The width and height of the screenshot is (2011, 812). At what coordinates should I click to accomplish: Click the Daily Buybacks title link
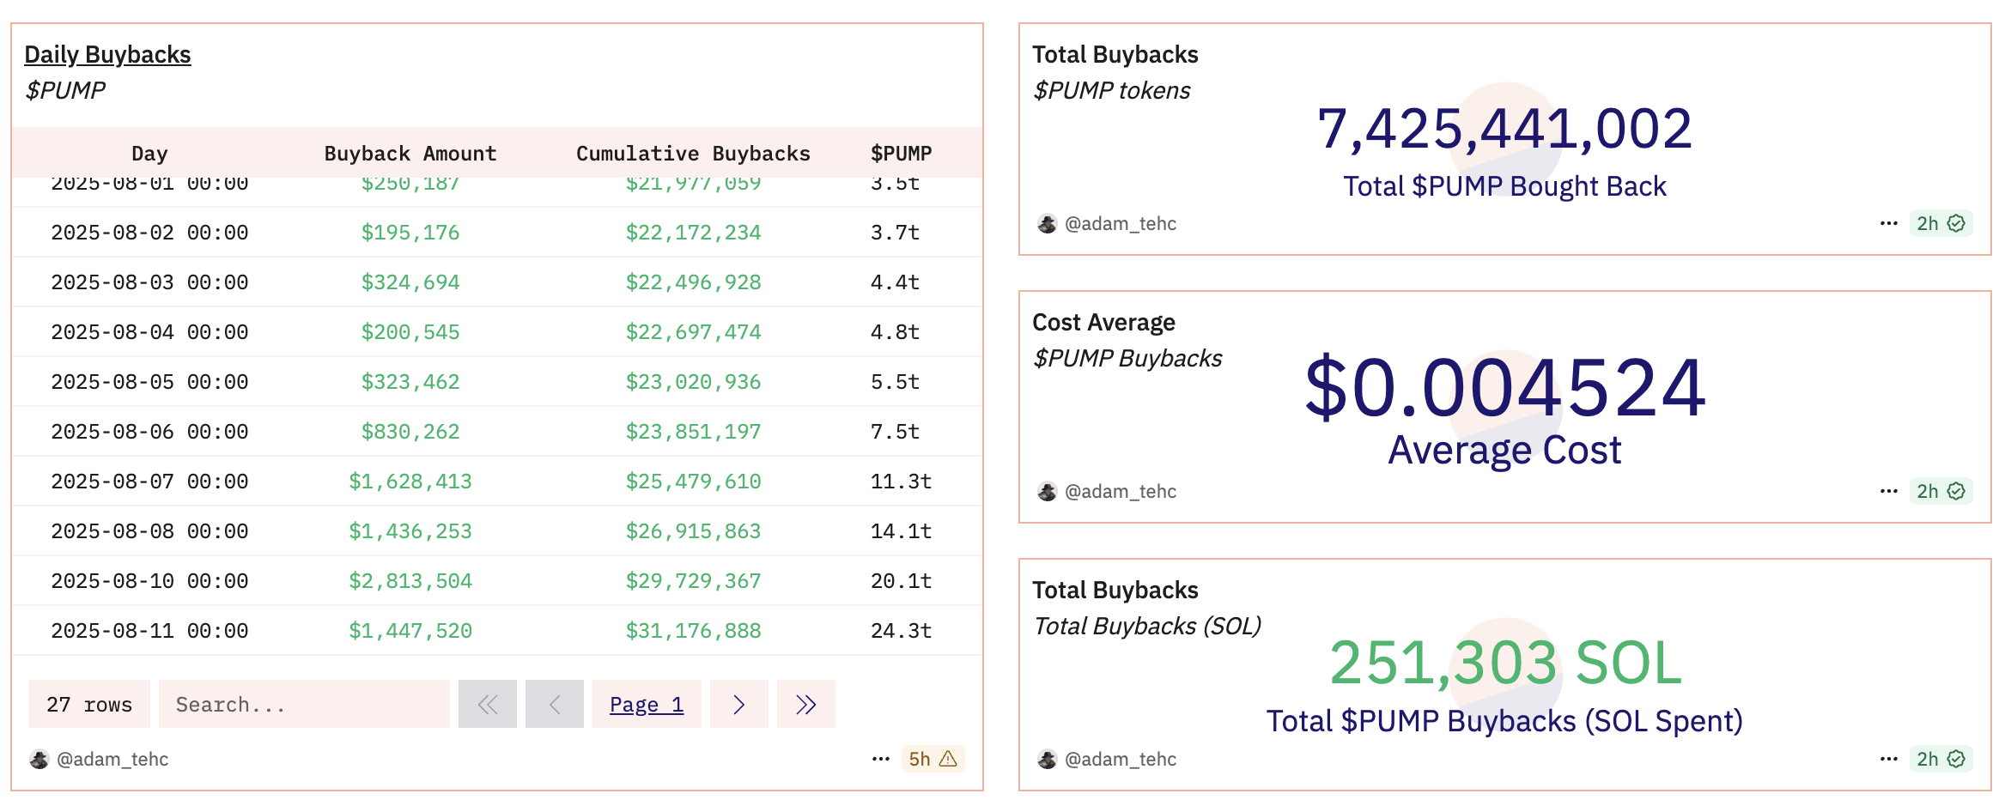tap(107, 55)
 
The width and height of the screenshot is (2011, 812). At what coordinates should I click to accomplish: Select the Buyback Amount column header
tap(410, 154)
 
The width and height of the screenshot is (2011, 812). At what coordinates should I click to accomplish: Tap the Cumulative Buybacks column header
tap(692, 154)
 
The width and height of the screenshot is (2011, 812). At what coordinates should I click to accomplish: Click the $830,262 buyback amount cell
tap(410, 432)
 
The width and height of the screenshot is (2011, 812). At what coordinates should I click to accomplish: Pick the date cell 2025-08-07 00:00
tap(149, 482)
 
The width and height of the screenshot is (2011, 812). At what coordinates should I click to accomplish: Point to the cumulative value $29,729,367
tap(692, 581)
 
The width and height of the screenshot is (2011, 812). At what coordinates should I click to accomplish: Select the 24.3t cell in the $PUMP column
tap(901, 631)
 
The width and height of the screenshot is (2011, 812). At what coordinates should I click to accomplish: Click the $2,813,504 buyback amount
tap(410, 581)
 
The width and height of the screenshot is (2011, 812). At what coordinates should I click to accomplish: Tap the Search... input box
tap(304, 705)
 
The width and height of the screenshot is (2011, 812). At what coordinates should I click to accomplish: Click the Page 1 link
tap(646, 705)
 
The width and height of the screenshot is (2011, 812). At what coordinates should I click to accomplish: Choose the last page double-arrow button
tap(805, 705)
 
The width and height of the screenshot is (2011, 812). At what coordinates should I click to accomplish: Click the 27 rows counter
tap(89, 705)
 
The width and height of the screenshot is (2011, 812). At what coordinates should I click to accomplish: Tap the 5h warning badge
tap(933, 759)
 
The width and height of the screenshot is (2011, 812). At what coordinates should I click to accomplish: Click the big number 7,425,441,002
tap(1504, 130)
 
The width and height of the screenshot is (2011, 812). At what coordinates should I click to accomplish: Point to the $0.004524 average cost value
tap(1504, 388)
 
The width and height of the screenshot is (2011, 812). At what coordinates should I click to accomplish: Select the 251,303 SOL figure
tap(1504, 664)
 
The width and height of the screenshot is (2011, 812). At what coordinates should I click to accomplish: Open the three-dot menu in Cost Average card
tap(1888, 491)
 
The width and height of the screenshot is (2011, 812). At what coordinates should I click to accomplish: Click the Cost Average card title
tap(1103, 323)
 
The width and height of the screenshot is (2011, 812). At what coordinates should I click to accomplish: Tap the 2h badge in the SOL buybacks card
tap(1941, 759)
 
